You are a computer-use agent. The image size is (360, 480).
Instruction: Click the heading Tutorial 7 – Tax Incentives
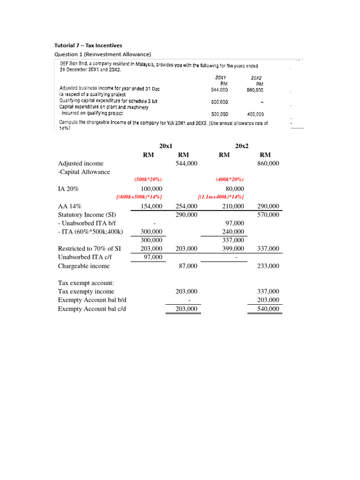pos(89,45)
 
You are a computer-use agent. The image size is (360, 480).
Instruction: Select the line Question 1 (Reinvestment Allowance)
pos(103,54)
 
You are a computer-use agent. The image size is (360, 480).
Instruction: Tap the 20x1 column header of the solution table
pos(166,146)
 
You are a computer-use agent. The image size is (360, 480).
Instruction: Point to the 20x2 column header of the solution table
pos(241,146)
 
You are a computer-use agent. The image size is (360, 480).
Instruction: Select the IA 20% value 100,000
pos(151,188)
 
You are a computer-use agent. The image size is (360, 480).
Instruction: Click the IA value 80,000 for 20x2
pos(235,188)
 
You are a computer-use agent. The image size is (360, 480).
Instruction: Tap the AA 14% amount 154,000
pos(151,206)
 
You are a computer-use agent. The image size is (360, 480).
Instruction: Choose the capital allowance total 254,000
pos(186,206)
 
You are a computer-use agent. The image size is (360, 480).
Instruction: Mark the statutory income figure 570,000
pos(268,214)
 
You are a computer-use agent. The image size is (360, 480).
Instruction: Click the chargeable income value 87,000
pos(188,266)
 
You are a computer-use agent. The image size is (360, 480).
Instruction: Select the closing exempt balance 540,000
pos(268,309)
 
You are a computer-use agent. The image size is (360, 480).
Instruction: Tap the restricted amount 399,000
pos(233,248)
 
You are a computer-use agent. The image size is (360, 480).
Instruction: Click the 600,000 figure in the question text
pos(219,102)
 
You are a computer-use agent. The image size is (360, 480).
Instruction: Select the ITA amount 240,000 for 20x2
pos(233,232)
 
